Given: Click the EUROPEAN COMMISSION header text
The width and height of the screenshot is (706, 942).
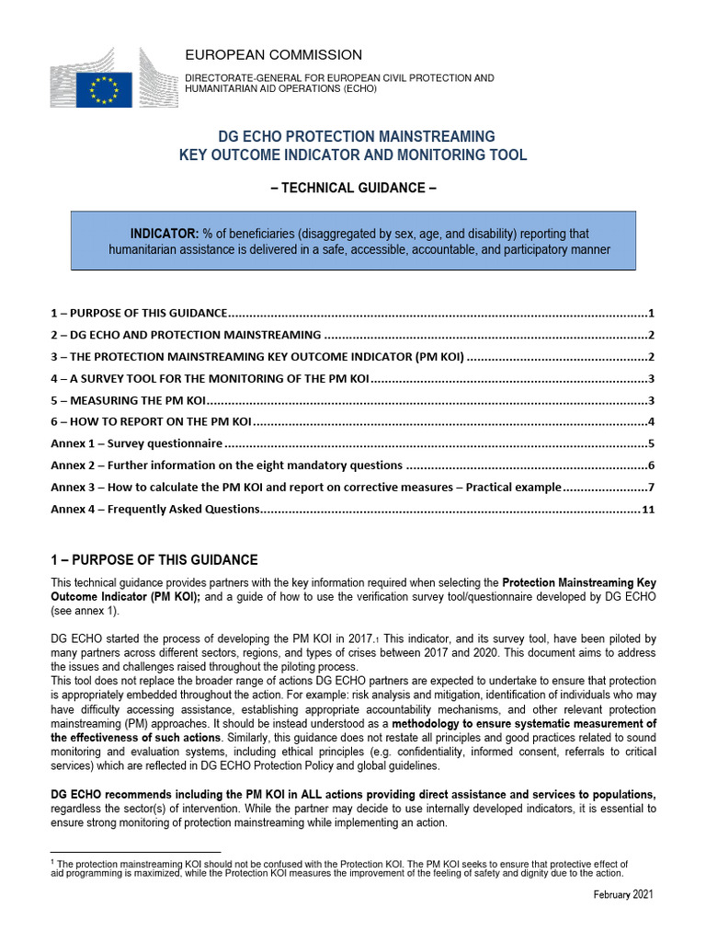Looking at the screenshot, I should [273, 55].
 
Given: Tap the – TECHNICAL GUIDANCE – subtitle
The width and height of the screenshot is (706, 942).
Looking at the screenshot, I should [352, 189].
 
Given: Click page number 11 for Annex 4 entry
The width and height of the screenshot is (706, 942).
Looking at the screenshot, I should [648, 509].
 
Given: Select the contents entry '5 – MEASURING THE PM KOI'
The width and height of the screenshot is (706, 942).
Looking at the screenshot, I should [127, 399].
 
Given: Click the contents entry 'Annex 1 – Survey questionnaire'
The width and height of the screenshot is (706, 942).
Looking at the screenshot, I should [136, 443].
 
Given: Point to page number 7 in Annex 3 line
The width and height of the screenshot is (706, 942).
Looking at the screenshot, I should [650, 487].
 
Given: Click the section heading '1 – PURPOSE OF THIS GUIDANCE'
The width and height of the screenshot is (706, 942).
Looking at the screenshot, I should [154, 560].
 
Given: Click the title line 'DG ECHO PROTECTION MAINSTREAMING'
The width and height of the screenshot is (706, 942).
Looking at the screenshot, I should [352, 136].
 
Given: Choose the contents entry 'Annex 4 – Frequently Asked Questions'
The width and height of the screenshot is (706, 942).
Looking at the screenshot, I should [155, 509].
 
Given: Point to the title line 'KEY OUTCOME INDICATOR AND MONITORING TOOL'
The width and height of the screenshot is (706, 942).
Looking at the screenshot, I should [352, 155].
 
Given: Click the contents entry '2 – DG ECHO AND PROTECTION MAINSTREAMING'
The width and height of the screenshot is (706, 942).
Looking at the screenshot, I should [185, 335].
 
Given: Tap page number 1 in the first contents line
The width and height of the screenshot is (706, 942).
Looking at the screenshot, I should [650, 313].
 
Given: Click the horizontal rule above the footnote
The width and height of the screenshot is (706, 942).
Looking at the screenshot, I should [135, 852].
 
